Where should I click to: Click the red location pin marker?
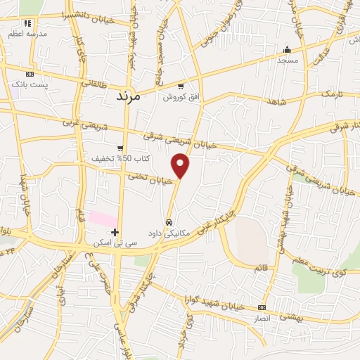(181, 165)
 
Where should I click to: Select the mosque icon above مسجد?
(286, 50)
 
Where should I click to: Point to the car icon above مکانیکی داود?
(169, 222)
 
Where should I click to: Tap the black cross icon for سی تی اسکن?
(115, 233)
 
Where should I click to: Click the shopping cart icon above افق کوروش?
(181, 86)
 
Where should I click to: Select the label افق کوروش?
(179, 96)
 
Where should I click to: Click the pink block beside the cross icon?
(103, 219)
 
